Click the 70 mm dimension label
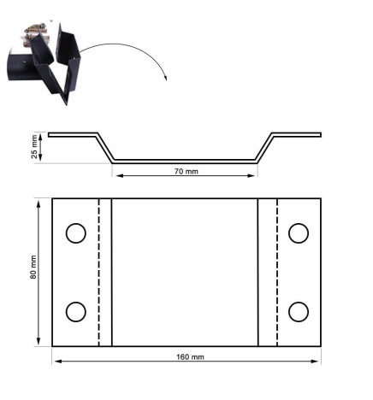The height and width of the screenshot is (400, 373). click(186, 172)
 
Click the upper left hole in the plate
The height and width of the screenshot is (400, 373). click(75, 233)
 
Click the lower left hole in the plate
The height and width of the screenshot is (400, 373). click(75, 311)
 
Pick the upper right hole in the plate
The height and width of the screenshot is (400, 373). click(298, 232)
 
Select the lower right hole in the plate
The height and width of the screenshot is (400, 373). click(298, 311)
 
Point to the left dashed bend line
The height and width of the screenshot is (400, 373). click(99, 272)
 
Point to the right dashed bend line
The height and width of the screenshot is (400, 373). click(275, 272)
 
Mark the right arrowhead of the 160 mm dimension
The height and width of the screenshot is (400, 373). click(317, 361)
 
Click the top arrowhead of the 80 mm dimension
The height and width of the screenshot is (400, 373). click(38, 202)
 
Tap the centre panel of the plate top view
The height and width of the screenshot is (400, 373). click(185, 272)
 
